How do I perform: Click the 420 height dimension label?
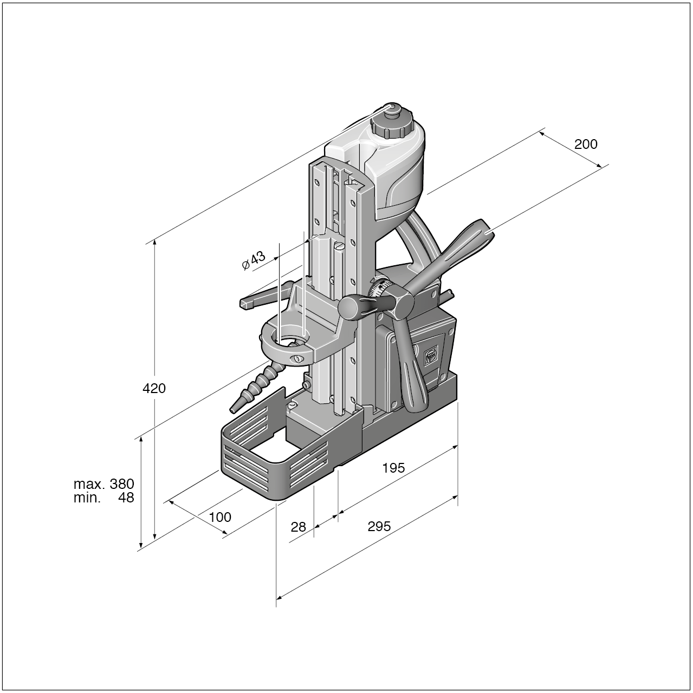(154, 388)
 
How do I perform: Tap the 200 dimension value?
(586, 144)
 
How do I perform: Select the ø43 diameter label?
(254, 260)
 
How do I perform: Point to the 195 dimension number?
(393, 468)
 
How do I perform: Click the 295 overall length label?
(379, 526)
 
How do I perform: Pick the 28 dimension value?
(298, 527)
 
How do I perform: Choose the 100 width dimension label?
(220, 517)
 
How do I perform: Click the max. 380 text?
(103, 484)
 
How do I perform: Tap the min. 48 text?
(103, 498)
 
